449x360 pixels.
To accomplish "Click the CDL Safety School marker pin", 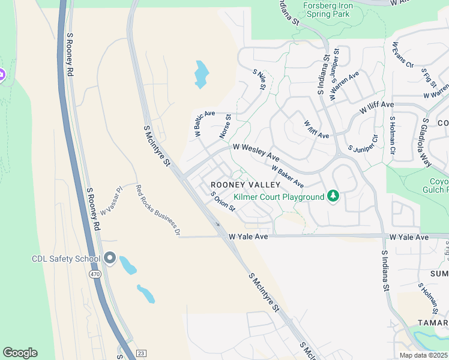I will pos(110,258).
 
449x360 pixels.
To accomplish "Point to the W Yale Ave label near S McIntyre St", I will pos(248,237).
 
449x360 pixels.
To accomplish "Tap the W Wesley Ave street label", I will pos(256,151).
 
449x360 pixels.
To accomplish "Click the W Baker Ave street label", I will pos(288,176).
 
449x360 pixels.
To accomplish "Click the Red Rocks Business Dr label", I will pos(158,208).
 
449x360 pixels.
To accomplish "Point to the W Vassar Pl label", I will pos(111,200).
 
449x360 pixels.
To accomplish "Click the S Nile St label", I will pos(259,80).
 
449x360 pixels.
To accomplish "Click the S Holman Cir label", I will pos(392,136).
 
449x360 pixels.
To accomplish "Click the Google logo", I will pos(20,353).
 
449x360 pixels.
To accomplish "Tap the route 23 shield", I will pos(141,353).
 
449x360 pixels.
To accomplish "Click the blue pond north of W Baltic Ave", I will pos(202,74).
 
